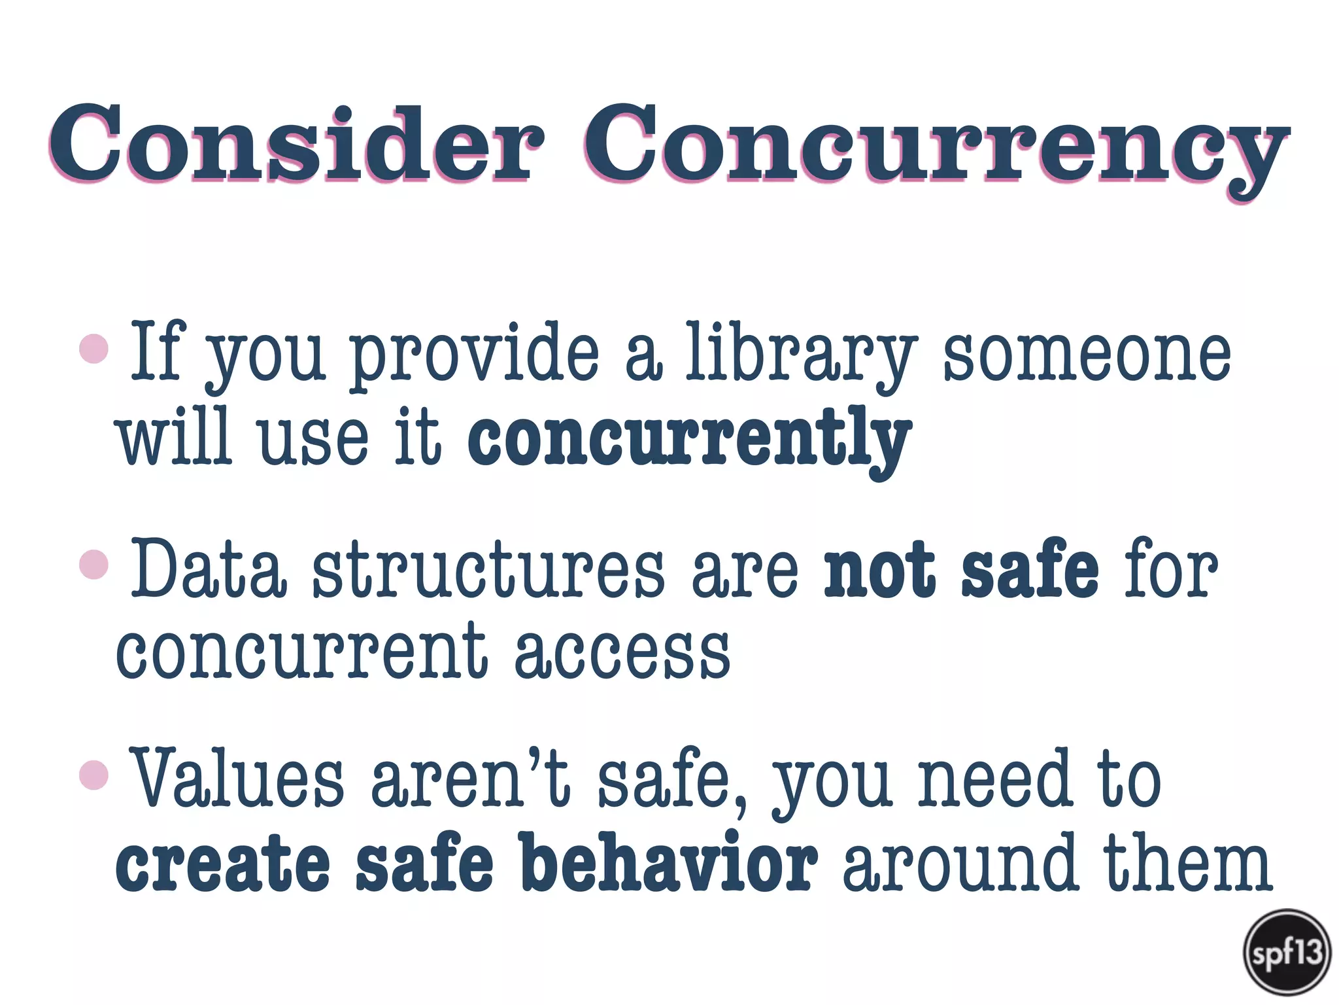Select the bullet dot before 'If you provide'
(93, 348)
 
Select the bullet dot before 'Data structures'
(93, 564)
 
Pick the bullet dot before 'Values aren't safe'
(93, 775)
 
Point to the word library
(801, 353)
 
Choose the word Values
(238, 779)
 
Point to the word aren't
(471, 779)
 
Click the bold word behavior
(670, 864)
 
